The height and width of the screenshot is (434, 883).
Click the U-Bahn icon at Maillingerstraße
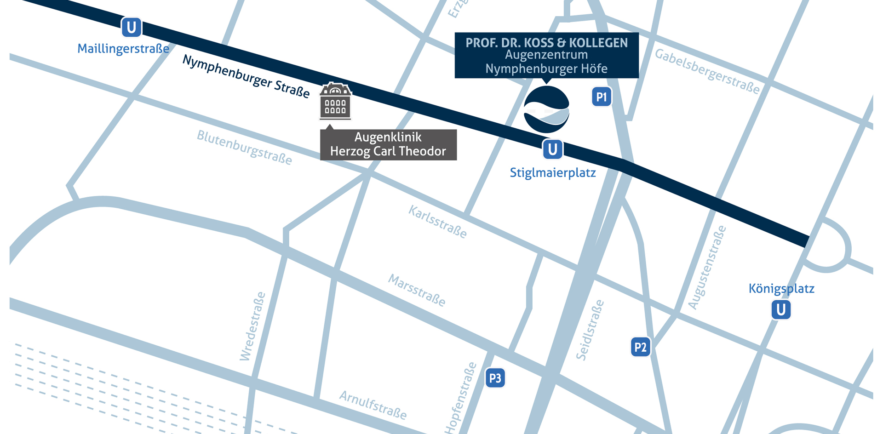(131, 28)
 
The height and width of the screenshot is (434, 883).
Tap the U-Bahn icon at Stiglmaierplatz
(552, 149)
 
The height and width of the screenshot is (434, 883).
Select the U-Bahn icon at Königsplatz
(781, 309)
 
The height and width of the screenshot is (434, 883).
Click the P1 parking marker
(601, 97)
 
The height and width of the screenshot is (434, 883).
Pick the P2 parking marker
(640, 347)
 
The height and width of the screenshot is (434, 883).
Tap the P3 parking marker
(495, 378)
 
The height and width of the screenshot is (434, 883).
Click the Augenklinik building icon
(335, 101)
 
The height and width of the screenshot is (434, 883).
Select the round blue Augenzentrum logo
(546, 109)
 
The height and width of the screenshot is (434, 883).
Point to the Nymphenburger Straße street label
(246, 76)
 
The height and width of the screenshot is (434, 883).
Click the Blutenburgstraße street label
(244, 147)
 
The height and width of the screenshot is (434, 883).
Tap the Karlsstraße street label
(437, 222)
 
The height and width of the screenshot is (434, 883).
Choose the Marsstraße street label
(417, 290)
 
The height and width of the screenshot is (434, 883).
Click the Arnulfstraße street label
(373, 405)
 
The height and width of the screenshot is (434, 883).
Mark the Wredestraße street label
(252, 326)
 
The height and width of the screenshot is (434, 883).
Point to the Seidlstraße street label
(590, 330)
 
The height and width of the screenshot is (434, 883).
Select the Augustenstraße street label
(707, 267)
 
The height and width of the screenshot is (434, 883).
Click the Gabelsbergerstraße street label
(707, 71)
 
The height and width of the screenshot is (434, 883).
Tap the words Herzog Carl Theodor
(388, 151)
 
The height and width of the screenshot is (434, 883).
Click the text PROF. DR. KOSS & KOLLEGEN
(546, 43)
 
